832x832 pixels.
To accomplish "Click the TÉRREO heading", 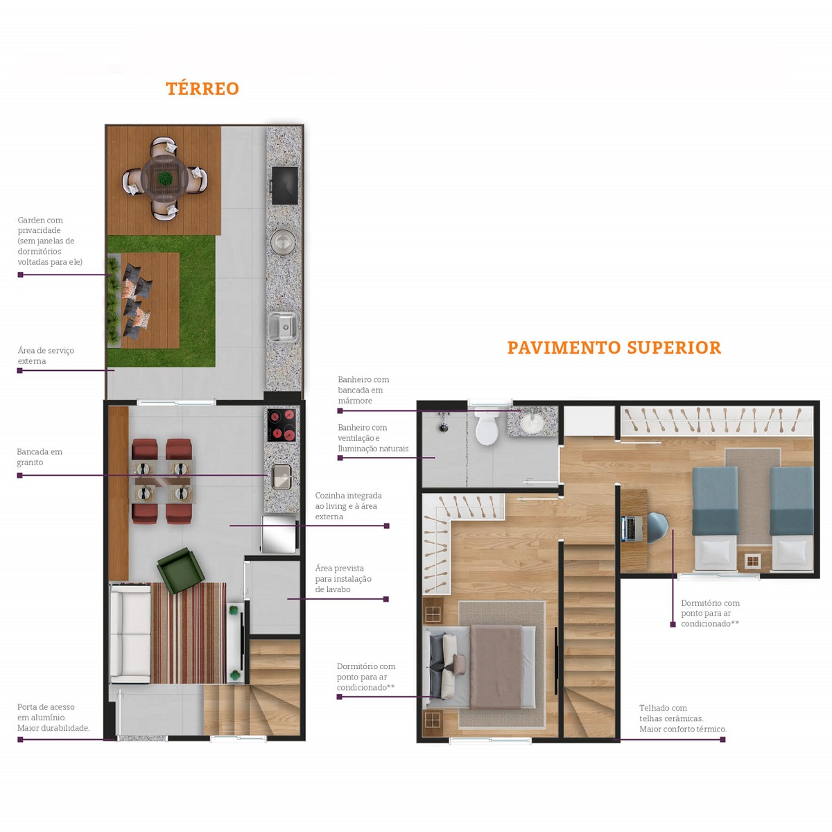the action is [x=202, y=89].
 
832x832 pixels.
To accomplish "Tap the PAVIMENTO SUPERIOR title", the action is [x=614, y=347].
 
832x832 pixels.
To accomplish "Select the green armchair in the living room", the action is [x=180, y=571].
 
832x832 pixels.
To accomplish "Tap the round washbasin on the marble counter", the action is [x=532, y=422].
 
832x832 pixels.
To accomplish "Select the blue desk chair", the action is [x=657, y=528].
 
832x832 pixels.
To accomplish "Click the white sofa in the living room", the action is [x=130, y=634].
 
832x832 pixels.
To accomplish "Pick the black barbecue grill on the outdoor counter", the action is [x=284, y=185].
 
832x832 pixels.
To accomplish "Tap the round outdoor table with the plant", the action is [x=164, y=178].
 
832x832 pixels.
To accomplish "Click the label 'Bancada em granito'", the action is [x=40, y=457].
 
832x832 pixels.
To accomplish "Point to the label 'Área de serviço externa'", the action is [x=46, y=356].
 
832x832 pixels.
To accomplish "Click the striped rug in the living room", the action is [x=189, y=634].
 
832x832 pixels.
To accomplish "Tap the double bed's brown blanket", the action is [x=496, y=666].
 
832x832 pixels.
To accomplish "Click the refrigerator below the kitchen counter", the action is [x=279, y=535].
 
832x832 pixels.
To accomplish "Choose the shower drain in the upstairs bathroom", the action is [x=442, y=428].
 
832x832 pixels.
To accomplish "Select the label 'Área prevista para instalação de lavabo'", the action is [x=343, y=578].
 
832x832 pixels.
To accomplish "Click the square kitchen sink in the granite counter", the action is [x=281, y=477].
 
